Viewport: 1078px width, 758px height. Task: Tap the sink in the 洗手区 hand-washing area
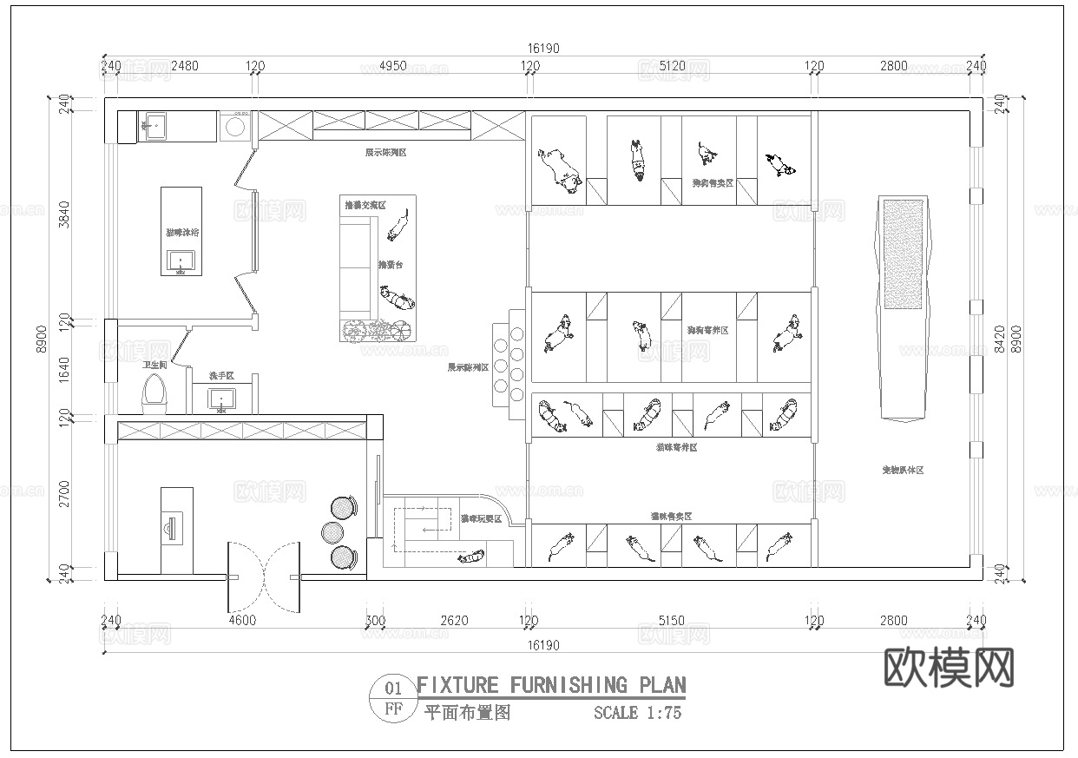point(221,401)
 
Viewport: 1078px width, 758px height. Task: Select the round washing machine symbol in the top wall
point(234,128)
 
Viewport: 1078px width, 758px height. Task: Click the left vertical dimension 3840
point(62,214)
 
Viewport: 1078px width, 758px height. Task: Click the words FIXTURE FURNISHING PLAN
point(551,685)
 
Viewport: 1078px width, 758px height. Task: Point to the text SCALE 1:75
point(637,714)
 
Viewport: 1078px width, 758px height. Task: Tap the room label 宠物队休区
point(903,470)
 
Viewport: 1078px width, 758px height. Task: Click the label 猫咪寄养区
point(676,447)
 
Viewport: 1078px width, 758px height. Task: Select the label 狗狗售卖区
point(712,183)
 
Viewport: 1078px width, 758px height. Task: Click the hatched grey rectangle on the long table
point(904,254)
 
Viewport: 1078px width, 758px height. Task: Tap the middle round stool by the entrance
point(333,531)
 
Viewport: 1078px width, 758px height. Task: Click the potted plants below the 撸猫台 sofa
point(377,331)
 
